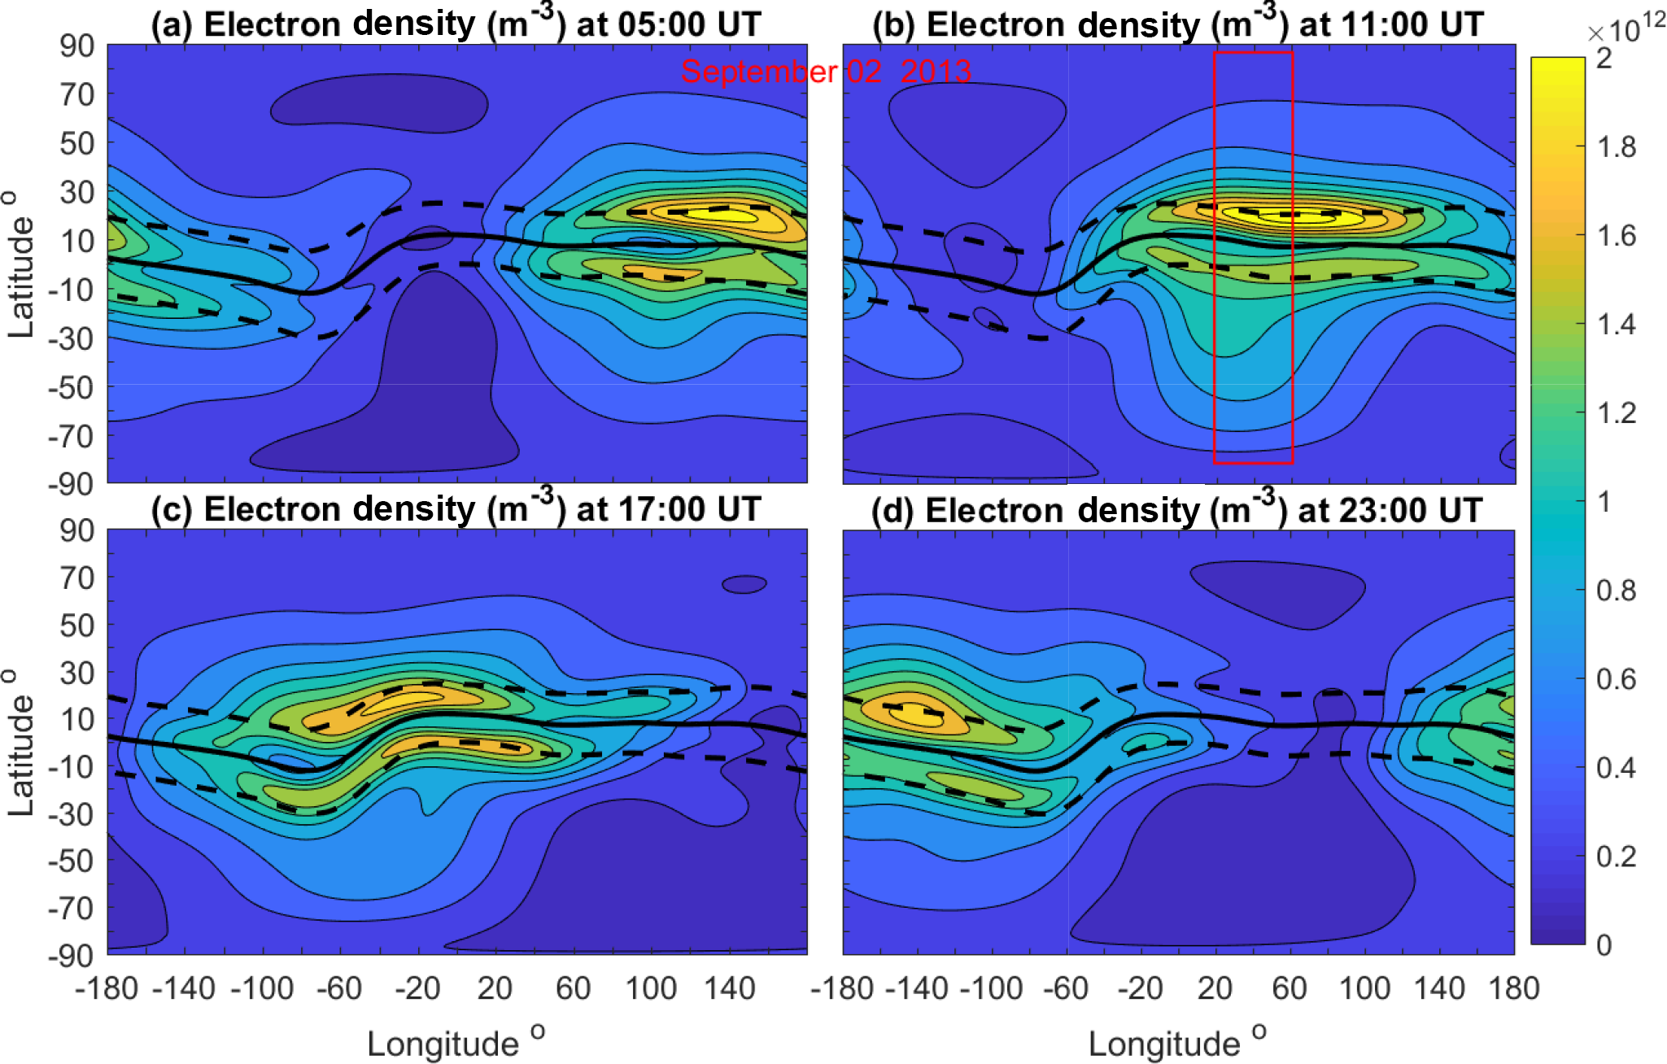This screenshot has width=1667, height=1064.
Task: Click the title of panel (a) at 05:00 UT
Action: pyautogui.click(x=456, y=24)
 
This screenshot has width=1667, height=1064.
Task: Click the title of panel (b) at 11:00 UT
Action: pyautogui.click(x=1178, y=24)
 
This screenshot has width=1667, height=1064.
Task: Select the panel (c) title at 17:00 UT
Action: pyautogui.click(x=456, y=508)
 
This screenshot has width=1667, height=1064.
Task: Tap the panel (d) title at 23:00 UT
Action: pyautogui.click(x=1176, y=510)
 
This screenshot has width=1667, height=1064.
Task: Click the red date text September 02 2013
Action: pyautogui.click(x=826, y=72)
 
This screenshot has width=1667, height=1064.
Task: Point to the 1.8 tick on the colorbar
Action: pyautogui.click(x=1616, y=147)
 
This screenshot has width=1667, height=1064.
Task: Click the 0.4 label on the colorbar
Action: pyautogui.click(x=1616, y=767)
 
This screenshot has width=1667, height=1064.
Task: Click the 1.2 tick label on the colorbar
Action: pyautogui.click(x=1616, y=413)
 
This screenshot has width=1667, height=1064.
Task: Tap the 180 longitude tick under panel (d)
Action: pyautogui.click(x=1514, y=988)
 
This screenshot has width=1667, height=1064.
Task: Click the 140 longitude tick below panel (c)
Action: pyautogui.click(x=730, y=988)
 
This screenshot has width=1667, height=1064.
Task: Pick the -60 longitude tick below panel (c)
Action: pyautogui.click(x=339, y=988)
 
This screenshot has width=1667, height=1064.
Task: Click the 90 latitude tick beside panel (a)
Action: pyautogui.click(x=77, y=46)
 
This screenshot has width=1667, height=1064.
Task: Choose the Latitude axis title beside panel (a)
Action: pyautogui.click(x=21, y=264)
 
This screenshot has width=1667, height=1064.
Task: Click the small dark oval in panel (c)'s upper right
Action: pyautogui.click(x=744, y=584)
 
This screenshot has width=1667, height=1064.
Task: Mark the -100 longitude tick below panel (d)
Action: pyautogui.click(x=992, y=988)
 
